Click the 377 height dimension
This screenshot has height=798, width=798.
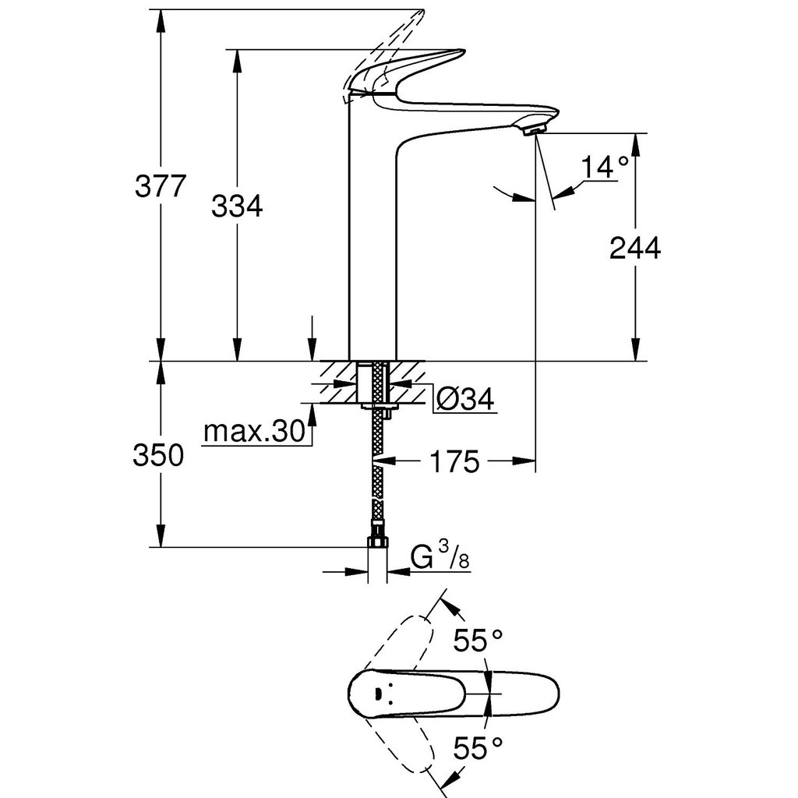[x=161, y=185]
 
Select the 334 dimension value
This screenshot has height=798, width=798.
[x=237, y=206]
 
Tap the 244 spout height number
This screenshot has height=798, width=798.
[x=635, y=248]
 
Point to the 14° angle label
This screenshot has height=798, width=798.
[x=605, y=168]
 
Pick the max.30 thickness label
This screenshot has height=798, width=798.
[x=254, y=432]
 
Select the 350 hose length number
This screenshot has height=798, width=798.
[x=158, y=455]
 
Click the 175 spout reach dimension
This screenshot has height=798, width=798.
[x=454, y=461]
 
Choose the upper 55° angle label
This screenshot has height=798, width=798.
[x=478, y=641]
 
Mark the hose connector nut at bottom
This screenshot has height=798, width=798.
[x=377, y=541]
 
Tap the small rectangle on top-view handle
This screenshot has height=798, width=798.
[x=378, y=693]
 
